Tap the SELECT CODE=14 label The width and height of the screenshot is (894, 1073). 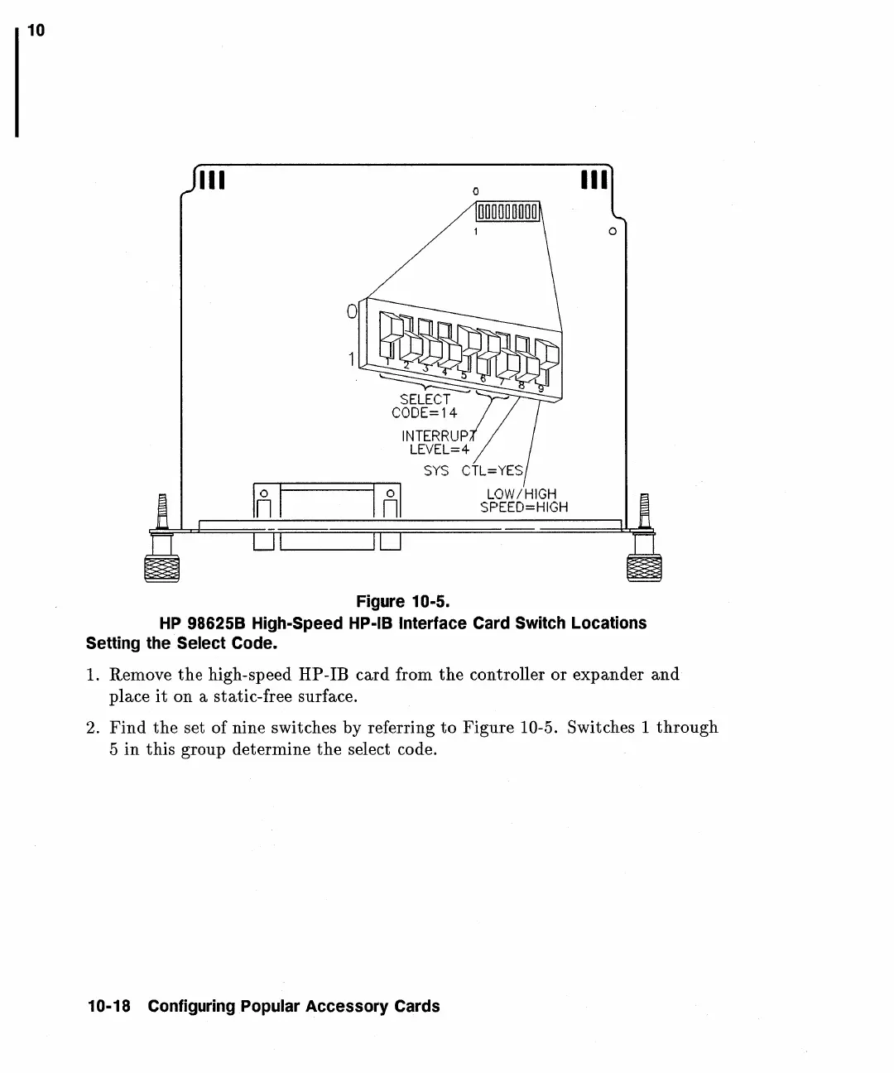coord(425,406)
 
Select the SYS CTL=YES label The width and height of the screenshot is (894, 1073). coord(473,471)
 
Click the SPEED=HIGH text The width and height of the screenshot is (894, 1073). coord(524,507)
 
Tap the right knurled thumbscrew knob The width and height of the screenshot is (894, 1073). coord(646,570)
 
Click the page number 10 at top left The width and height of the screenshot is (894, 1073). coord(36,31)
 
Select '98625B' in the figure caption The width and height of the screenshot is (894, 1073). coord(215,623)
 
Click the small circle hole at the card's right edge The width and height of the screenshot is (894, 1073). coord(612,231)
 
